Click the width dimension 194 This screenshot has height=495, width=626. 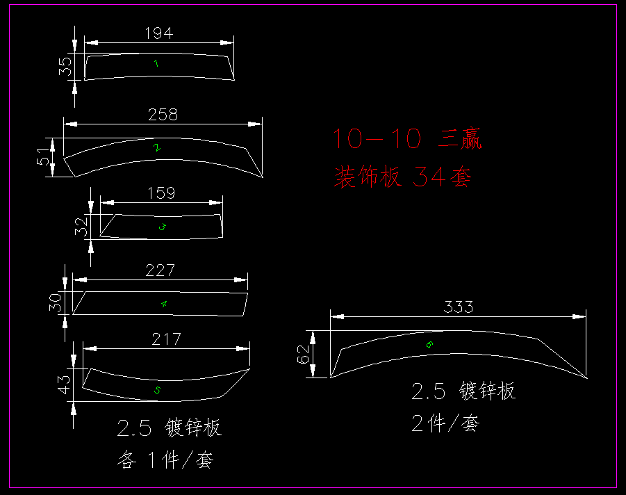coord(159,33)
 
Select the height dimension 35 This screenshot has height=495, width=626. coord(65,66)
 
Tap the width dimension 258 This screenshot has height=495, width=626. coord(163,115)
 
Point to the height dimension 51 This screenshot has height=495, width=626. coord(44,157)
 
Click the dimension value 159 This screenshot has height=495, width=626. coord(161,193)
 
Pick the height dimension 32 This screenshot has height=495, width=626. coord(82,227)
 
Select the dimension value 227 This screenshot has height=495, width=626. coord(160,270)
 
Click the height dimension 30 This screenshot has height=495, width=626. coord(56,303)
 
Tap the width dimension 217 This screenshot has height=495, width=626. coord(166,339)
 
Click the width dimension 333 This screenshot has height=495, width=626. coord(459,307)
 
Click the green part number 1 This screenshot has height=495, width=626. coord(156,64)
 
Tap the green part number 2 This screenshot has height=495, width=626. coord(157,147)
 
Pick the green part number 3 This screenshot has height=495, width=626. coord(163,227)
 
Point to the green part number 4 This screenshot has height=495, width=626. coord(164,304)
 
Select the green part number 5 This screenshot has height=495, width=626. coord(157,391)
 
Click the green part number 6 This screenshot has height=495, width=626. coord(429,344)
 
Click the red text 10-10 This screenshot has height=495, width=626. coord(377,139)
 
